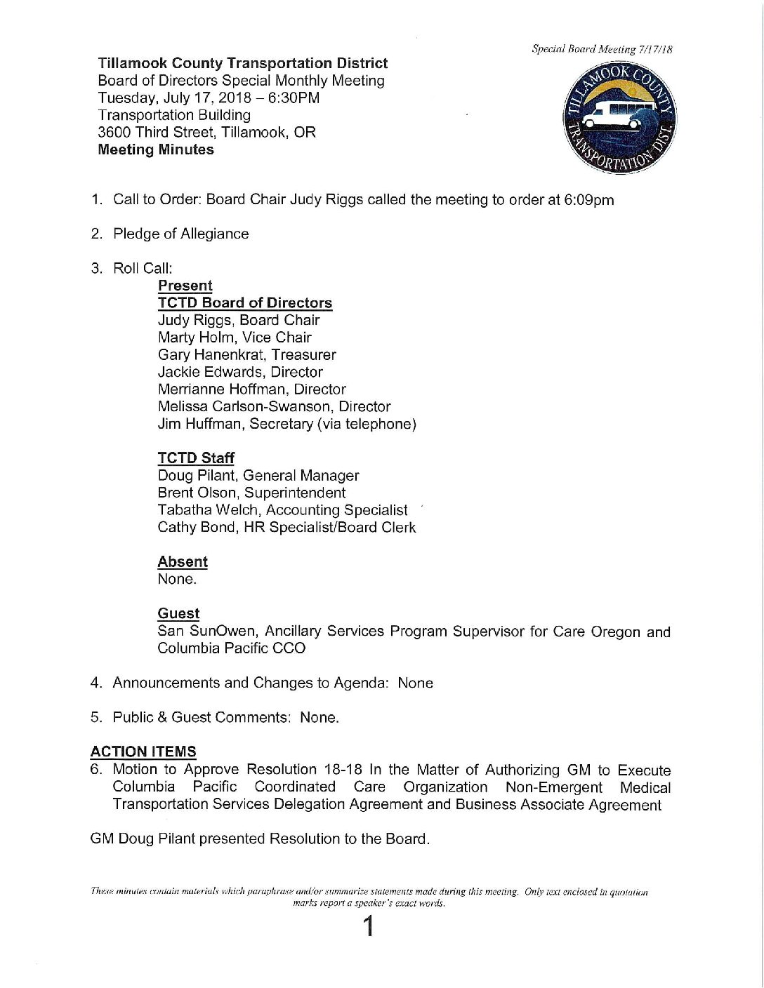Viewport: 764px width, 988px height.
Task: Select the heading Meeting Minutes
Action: click(x=156, y=149)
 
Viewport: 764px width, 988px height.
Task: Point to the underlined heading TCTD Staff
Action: click(x=196, y=458)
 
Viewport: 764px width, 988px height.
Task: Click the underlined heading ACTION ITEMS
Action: click(x=143, y=752)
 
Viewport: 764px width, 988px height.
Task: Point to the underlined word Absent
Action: click(x=183, y=562)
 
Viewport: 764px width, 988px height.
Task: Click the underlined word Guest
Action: click(x=178, y=614)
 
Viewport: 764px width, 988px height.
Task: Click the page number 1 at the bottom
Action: click(x=367, y=927)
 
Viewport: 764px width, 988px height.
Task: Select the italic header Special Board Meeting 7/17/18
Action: click(x=602, y=49)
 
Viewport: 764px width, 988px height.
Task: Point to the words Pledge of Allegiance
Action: click(x=180, y=234)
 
